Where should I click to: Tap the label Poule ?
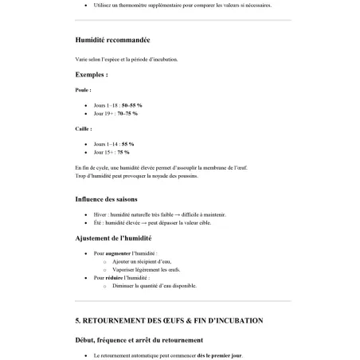pos(84,90)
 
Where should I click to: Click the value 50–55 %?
pos(131,105)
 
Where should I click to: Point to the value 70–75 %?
pos(129,113)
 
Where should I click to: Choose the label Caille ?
pos(84,128)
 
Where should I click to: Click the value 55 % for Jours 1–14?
pos(127,144)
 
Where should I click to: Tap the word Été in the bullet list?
pos(97,222)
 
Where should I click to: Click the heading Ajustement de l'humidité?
pos(113,237)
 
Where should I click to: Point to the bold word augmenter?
pos(118,253)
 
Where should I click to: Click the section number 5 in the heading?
pos(78,320)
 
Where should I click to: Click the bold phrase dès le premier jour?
pos(220,355)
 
